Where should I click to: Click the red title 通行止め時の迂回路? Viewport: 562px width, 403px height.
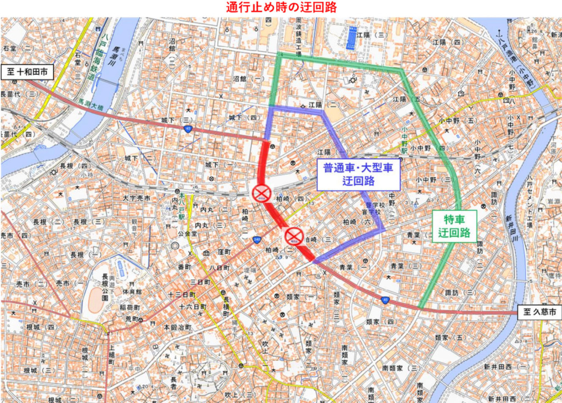click(281, 8)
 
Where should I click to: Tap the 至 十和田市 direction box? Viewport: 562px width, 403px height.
click(30, 72)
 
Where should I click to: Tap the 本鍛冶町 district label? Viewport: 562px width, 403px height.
click(176, 327)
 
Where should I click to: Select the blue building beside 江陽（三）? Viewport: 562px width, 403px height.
click(351, 37)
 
